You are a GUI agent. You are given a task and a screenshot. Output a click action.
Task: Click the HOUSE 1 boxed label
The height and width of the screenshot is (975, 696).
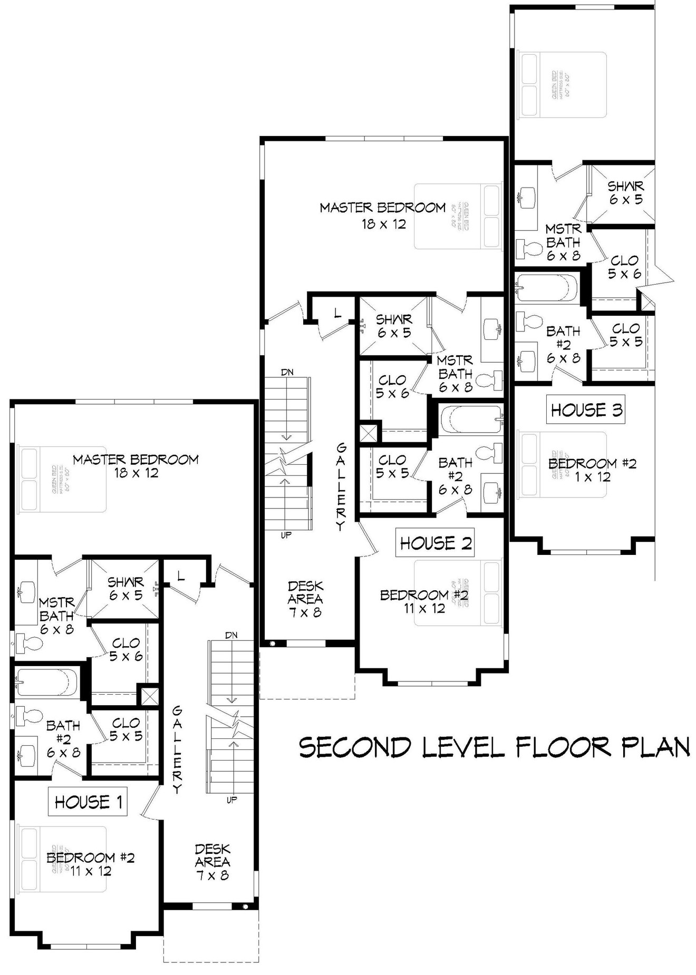[89, 802]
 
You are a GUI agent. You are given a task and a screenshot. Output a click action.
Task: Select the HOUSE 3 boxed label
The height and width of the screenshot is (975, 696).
[586, 409]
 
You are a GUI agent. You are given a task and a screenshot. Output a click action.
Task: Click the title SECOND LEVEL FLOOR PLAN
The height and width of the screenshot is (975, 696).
[494, 747]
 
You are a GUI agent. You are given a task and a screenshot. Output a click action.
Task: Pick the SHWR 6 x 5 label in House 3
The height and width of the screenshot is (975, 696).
[625, 193]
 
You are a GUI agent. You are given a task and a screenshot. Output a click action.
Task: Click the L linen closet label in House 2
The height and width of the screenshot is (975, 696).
[337, 313]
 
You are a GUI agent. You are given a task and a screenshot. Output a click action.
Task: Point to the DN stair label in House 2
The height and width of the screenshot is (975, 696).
[287, 372]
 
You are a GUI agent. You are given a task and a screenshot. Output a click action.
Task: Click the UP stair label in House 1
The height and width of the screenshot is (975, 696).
[231, 799]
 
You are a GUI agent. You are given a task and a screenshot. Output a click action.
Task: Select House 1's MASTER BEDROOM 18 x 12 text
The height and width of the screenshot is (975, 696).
[136, 466]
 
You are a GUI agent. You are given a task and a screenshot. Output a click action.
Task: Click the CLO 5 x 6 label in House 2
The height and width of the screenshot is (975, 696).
[392, 386]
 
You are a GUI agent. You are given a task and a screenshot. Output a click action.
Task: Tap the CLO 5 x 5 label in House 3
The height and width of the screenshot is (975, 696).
[626, 335]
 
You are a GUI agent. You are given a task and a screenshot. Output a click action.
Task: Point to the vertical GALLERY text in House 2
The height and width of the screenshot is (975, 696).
[341, 486]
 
